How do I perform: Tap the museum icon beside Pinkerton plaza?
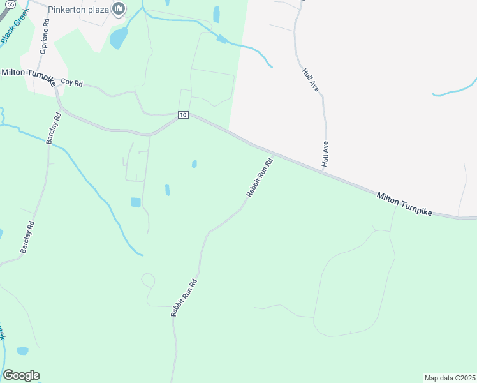118,9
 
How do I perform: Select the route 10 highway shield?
183,115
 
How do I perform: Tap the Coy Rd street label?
72,83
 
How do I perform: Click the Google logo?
21,375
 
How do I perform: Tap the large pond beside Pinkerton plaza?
119,38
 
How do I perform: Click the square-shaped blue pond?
135,202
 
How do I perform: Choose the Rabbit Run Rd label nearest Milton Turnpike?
260,177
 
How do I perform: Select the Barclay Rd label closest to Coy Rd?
52,128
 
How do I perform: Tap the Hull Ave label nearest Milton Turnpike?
325,154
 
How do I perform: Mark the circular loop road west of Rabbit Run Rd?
148,280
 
